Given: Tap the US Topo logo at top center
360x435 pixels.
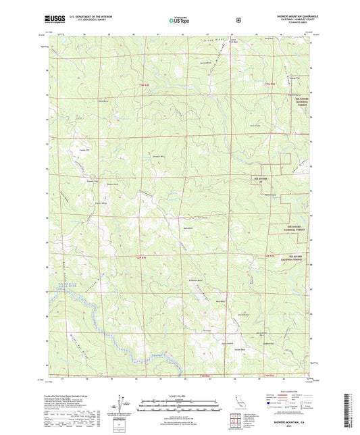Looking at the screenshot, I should click(179, 20).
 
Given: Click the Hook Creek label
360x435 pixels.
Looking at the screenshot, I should click(255, 126).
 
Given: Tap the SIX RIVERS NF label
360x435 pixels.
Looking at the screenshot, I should click(260, 182).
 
